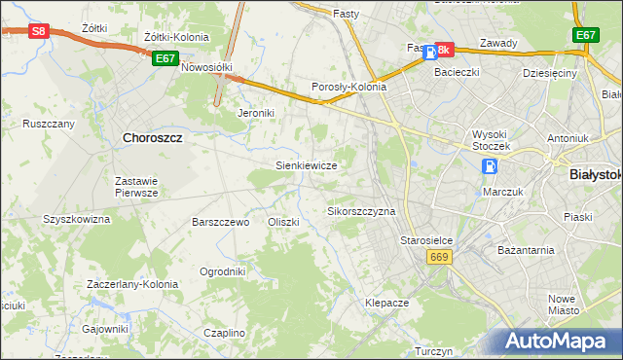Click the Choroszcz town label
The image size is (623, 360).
(x=153, y=138)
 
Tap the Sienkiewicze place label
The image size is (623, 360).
(x=307, y=165)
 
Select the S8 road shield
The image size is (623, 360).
(x=38, y=31)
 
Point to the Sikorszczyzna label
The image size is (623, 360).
(x=361, y=211)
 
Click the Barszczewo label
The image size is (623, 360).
(x=221, y=222)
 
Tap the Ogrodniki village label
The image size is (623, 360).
(x=222, y=271)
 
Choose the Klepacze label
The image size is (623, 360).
(x=386, y=303)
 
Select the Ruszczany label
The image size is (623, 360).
(x=49, y=125)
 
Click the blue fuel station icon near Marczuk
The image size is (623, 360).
(x=489, y=167)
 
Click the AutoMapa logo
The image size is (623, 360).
(x=559, y=342)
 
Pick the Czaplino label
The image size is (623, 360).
(x=225, y=333)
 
